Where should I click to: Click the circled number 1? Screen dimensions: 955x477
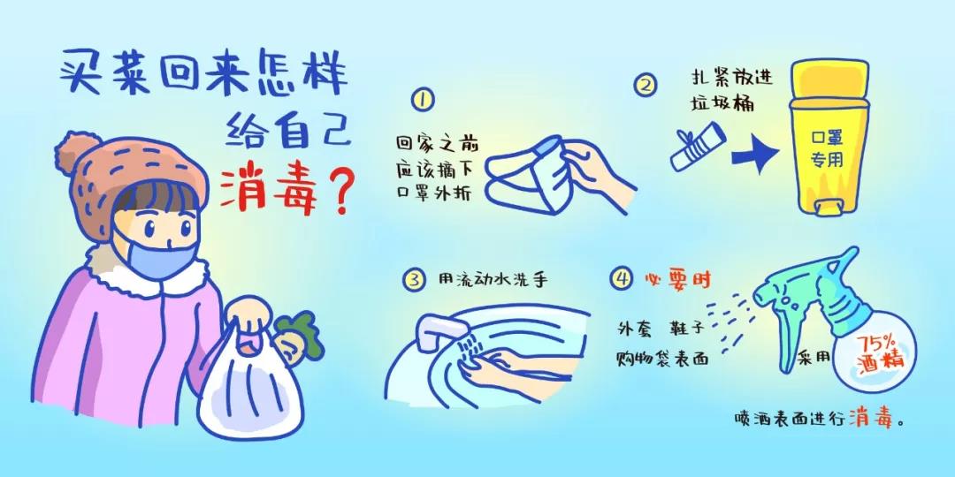(422, 99)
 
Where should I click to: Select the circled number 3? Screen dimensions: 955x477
(414, 280)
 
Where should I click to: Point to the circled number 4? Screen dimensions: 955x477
(622, 279)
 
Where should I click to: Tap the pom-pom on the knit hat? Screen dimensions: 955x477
(77, 153)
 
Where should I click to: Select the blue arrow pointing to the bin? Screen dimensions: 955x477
(756, 152)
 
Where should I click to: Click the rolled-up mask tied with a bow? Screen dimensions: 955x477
(699, 146)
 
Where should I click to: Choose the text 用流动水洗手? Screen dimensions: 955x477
(493, 279)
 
